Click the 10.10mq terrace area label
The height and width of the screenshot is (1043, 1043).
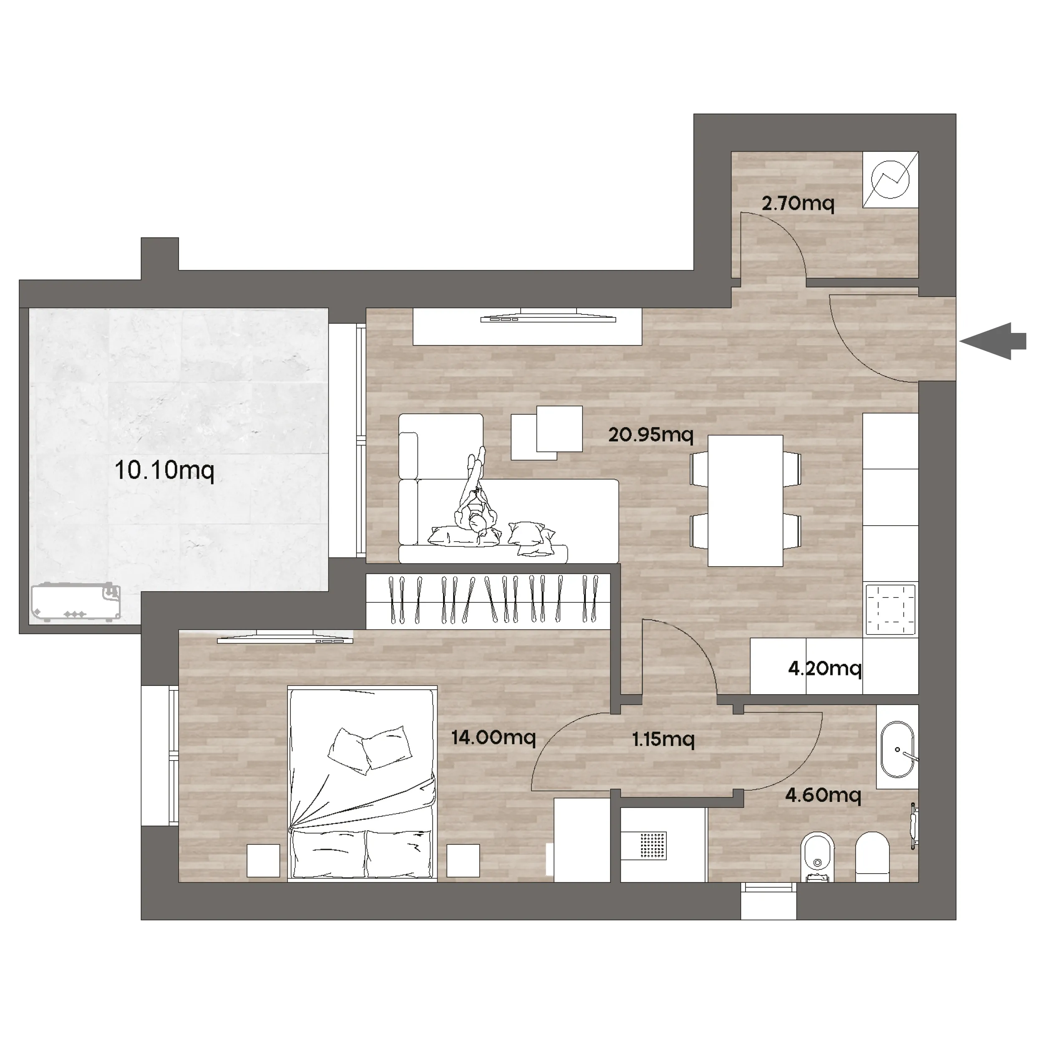(165, 471)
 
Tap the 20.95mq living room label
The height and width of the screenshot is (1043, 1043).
(650, 435)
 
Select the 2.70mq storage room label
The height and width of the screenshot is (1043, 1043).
(798, 204)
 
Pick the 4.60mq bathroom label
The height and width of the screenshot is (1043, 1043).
(823, 795)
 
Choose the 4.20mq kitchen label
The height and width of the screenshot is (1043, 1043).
(825, 669)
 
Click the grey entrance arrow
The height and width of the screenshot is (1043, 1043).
(993, 341)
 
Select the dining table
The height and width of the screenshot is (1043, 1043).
(745, 501)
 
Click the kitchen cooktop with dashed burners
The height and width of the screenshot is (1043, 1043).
(890, 610)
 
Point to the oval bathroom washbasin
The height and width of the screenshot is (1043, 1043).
(897, 750)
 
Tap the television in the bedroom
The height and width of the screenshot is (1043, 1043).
(285, 637)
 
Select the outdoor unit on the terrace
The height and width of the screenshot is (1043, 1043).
(76, 602)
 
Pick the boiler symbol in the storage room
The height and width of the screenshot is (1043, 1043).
(890, 179)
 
